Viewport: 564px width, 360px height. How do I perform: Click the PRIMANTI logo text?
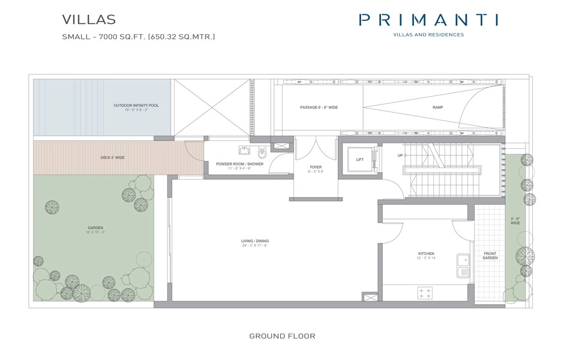428,20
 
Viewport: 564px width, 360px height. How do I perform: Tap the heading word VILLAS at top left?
89,20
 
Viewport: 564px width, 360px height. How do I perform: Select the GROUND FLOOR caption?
282,336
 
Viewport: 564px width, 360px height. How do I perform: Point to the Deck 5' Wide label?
112,158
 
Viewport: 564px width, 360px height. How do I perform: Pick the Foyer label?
316,169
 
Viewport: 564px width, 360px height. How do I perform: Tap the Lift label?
359,160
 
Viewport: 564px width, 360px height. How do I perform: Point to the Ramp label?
438,107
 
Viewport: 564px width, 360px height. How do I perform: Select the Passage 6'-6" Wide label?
319,107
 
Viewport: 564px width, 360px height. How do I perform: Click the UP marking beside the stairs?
400,155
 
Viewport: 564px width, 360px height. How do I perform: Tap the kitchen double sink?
463,266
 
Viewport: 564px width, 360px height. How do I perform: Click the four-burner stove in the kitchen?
425,293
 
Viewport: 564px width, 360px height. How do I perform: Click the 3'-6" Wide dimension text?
515,220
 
